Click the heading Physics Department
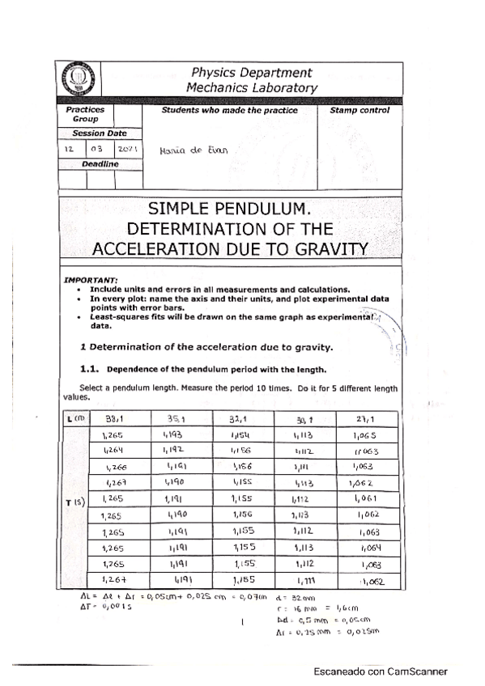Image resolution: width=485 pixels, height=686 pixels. click(x=252, y=72)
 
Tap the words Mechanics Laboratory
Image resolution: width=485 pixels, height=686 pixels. click(x=252, y=87)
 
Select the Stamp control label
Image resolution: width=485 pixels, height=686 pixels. click(x=359, y=111)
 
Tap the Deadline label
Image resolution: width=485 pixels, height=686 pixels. click(x=100, y=164)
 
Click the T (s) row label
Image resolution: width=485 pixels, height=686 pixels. click(x=72, y=502)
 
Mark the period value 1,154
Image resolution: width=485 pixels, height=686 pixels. click(x=242, y=435)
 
